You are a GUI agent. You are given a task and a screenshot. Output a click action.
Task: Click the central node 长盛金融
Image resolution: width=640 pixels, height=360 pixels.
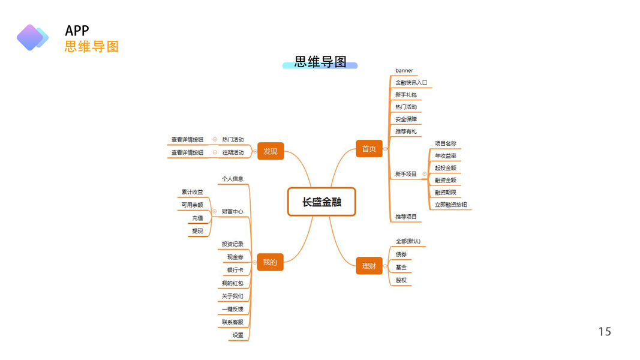[x=321, y=202]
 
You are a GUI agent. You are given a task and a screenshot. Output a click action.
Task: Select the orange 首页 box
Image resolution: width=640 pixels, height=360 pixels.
[x=369, y=148]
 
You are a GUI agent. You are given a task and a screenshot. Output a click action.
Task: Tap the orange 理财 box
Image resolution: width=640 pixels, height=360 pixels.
[x=369, y=265]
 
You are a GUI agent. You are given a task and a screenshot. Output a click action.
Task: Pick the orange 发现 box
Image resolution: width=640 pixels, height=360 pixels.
[x=270, y=151]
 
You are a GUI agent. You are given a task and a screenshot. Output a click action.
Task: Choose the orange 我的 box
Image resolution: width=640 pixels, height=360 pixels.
[x=270, y=262]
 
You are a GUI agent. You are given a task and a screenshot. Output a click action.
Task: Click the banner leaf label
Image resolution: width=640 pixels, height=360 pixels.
[x=404, y=71]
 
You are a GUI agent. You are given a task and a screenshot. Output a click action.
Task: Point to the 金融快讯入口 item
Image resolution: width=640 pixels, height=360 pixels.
[x=411, y=83]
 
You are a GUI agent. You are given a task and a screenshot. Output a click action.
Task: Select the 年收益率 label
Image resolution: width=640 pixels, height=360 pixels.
[x=446, y=156]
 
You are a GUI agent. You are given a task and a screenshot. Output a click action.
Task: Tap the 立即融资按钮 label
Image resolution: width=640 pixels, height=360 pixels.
[x=451, y=205]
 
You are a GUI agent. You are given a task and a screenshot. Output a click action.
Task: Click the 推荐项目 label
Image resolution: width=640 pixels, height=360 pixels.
[x=406, y=217]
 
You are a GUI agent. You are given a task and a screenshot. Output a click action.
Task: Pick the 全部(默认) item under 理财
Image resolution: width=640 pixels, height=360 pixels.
[x=408, y=242]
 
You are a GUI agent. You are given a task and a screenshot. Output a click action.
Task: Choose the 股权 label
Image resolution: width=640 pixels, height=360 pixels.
[x=401, y=280]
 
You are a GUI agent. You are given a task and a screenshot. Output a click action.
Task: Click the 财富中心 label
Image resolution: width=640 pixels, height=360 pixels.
[x=233, y=211]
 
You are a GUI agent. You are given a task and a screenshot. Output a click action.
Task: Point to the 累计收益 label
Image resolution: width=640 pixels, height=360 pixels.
[x=193, y=192]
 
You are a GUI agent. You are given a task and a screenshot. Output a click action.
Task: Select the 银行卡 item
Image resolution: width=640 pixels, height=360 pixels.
[x=235, y=270]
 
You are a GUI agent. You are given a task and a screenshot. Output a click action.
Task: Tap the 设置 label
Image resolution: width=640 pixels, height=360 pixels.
[x=238, y=335]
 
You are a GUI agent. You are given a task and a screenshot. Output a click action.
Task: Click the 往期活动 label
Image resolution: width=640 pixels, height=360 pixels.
[x=233, y=152]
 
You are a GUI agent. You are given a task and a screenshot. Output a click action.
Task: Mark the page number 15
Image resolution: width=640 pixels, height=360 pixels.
[x=605, y=332]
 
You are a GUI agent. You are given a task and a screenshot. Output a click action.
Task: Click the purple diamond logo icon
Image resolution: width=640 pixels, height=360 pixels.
[x=31, y=37]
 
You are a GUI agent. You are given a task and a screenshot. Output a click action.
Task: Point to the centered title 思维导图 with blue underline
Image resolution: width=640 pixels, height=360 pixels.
[x=320, y=62]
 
